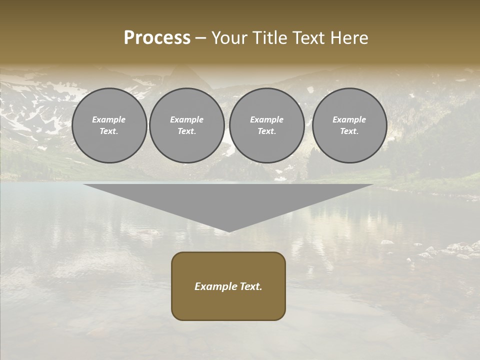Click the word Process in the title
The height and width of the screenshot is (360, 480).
pos(157,38)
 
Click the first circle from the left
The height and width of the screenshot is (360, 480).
pos(109,125)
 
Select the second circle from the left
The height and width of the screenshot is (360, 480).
pos(187,125)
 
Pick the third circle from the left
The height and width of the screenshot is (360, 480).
pos(267,125)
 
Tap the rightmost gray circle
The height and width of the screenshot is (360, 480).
pos(349,125)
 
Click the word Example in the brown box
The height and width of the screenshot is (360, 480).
pos(216,286)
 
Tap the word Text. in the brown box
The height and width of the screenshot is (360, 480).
pos(251,286)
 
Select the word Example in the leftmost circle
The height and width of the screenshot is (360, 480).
pos(109,119)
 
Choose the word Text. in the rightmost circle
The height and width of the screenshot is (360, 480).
pos(349,131)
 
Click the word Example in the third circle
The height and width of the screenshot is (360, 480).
pos(267,119)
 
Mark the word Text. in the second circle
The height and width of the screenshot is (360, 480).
pos(187,131)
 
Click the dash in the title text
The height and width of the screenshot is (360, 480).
pos(201,38)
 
